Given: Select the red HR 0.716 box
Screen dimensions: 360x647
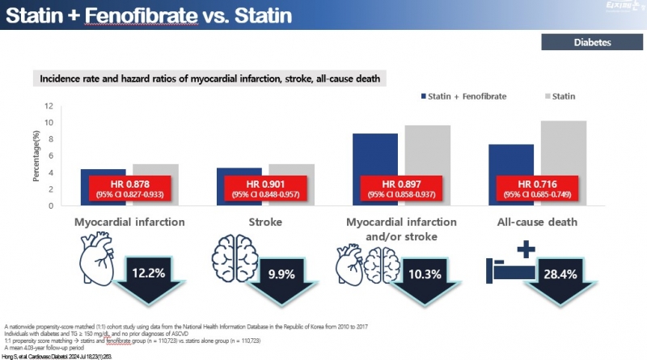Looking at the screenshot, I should click(539, 188).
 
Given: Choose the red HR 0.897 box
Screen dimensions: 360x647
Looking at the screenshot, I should click(402, 188).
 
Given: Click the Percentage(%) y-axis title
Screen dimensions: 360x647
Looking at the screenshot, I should click(36, 154).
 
